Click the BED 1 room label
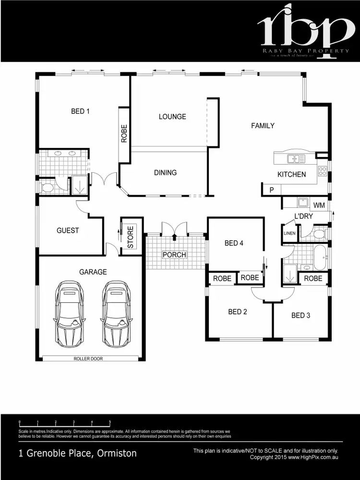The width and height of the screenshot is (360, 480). point(80,111)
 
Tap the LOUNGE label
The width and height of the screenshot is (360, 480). point(172,117)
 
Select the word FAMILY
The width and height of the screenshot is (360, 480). point(263,126)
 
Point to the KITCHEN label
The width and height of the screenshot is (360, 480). point(291,174)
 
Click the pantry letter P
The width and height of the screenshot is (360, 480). point(272,190)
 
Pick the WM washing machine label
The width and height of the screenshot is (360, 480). point(319,205)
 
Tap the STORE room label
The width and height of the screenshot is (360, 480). point(131,237)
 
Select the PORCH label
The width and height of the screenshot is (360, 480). point(174,254)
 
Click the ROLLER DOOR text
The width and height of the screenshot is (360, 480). point(88,359)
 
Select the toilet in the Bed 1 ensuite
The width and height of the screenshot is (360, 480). point(48,187)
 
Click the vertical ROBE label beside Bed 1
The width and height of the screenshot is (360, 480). point(124,134)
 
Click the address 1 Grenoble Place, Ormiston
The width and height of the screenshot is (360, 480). point(77,453)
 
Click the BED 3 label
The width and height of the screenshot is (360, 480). point(300,315)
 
